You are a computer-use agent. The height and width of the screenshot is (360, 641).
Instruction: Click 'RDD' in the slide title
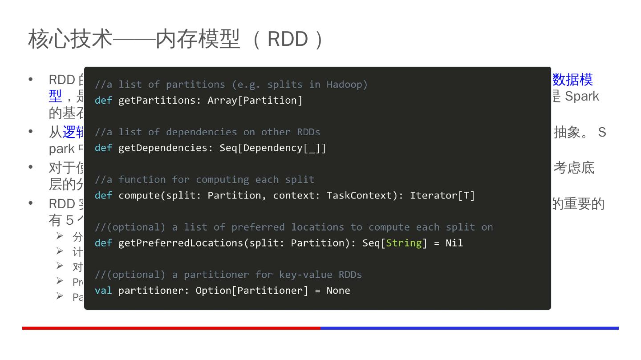tap(288, 39)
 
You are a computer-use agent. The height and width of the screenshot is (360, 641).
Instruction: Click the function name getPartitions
tap(157, 101)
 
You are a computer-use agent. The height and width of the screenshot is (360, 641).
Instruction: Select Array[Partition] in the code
tap(255, 101)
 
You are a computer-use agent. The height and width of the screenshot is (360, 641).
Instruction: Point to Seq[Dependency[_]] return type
tap(272, 148)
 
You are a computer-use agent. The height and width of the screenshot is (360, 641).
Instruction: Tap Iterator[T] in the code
tap(442, 196)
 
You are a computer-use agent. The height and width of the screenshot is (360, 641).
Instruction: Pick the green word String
tap(404, 243)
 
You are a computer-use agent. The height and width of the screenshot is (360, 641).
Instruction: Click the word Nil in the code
tap(454, 243)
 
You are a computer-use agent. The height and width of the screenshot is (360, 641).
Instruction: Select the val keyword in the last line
tap(103, 291)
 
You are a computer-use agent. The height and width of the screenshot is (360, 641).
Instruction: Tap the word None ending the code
tap(338, 291)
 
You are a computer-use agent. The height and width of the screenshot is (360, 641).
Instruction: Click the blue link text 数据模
tap(572, 80)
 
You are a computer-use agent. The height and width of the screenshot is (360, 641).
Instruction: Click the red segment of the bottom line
tap(171, 328)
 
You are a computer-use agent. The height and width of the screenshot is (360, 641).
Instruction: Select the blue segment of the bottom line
tap(470, 328)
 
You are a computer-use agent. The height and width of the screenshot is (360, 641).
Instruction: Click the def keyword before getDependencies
tap(103, 148)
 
